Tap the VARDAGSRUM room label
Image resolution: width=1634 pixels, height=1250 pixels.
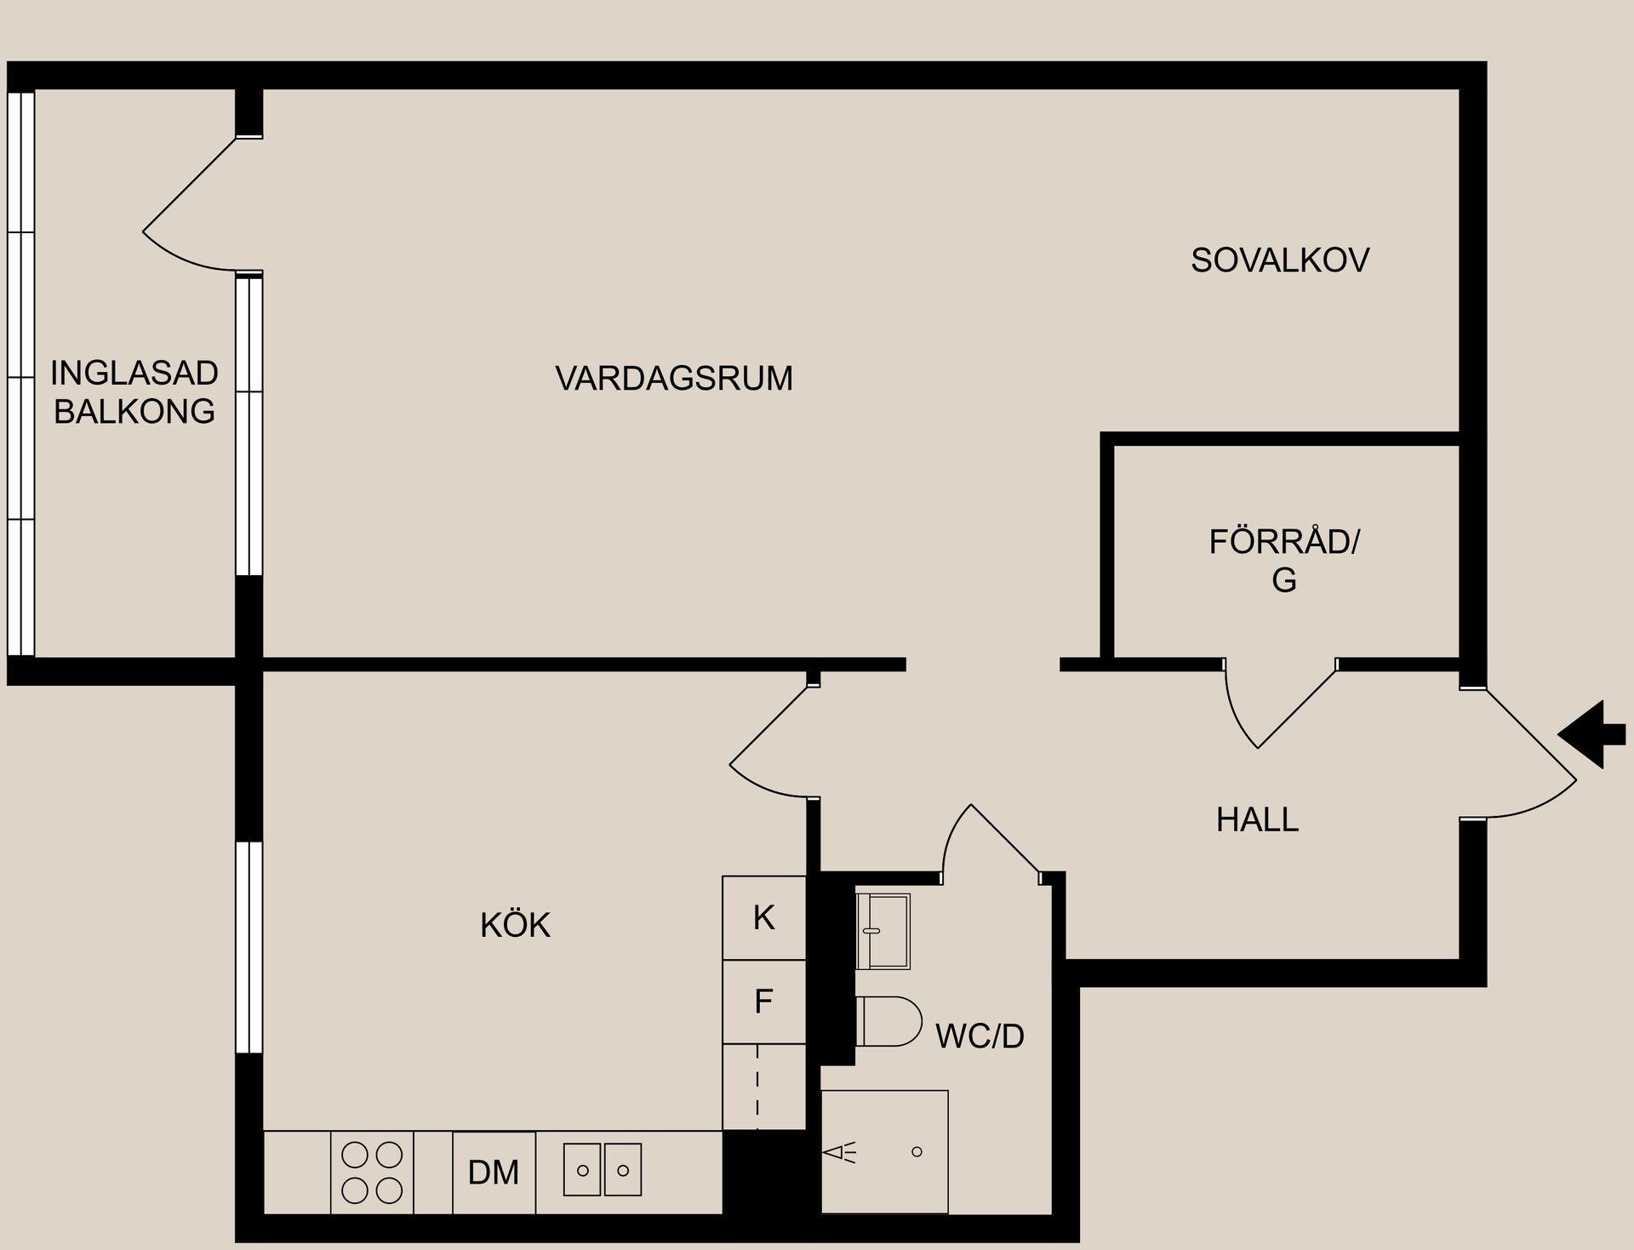coord(673,378)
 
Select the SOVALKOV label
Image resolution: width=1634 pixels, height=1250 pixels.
coord(1279,260)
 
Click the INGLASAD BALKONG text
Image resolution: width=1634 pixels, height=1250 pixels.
coord(134,392)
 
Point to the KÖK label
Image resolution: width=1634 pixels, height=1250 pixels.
coord(515,925)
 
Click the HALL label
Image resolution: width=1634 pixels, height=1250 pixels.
coord(1257,819)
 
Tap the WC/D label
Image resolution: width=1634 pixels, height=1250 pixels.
coord(980,1036)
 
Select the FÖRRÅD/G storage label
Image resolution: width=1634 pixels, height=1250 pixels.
coord(1283,560)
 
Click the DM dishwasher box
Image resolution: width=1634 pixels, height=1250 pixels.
coord(494,1173)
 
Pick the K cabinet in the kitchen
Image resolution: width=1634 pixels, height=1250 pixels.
coord(763,918)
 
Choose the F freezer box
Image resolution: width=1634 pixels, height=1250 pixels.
coord(763,1002)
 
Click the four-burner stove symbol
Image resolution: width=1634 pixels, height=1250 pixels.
coord(372,1173)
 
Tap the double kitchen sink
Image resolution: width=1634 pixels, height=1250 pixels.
coord(603,1170)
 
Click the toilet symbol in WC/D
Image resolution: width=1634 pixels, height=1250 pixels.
coord(889,1021)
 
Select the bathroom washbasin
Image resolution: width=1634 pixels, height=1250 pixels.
coord(883,931)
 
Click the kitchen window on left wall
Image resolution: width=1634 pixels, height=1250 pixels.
coord(249,947)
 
